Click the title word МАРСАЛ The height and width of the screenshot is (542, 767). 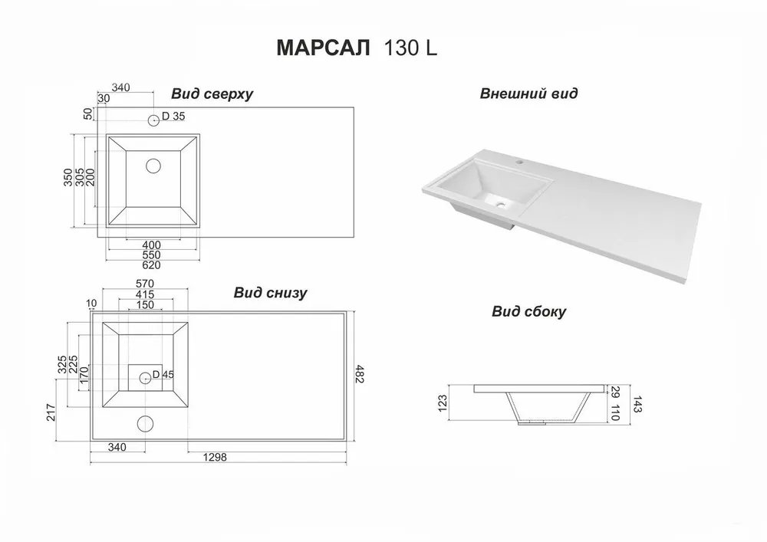pyautogui.click(x=323, y=48)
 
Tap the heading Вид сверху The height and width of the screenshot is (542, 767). pyautogui.click(x=212, y=94)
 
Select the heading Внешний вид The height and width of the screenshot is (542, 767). pyautogui.click(x=528, y=94)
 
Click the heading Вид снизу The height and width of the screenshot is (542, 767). pyautogui.click(x=270, y=292)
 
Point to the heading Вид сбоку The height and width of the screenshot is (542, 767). pyautogui.click(x=528, y=311)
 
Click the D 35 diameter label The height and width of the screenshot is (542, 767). pyautogui.click(x=173, y=117)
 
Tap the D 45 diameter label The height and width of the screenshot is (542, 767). pyautogui.click(x=163, y=374)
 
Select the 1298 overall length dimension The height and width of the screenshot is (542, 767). pyautogui.click(x=215, y=458)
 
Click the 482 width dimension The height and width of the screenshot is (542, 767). pyautogui.click(x=360, y=374)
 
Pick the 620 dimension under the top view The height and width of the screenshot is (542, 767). pyautogui.click(x=151, y=265)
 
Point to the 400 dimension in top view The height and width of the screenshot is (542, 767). pyautogui.click(x=151, y=245)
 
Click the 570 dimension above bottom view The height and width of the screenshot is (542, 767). pyautogui.click(x=145, y=284)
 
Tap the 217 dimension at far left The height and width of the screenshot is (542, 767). pyautogui.click(x=51, y=412)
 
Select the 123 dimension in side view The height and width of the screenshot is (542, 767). pyautogui.click(x=443, y=403)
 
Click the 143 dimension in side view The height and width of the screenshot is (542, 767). pyautogui.click(x=637, y=404)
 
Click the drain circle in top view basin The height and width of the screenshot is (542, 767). pyautogui.click(x=153, y=166)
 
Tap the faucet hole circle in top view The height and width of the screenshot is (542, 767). pyautogui.click(x=153, y=120)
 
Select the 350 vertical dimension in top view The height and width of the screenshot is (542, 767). pyautogui.click(x=68, y=177)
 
